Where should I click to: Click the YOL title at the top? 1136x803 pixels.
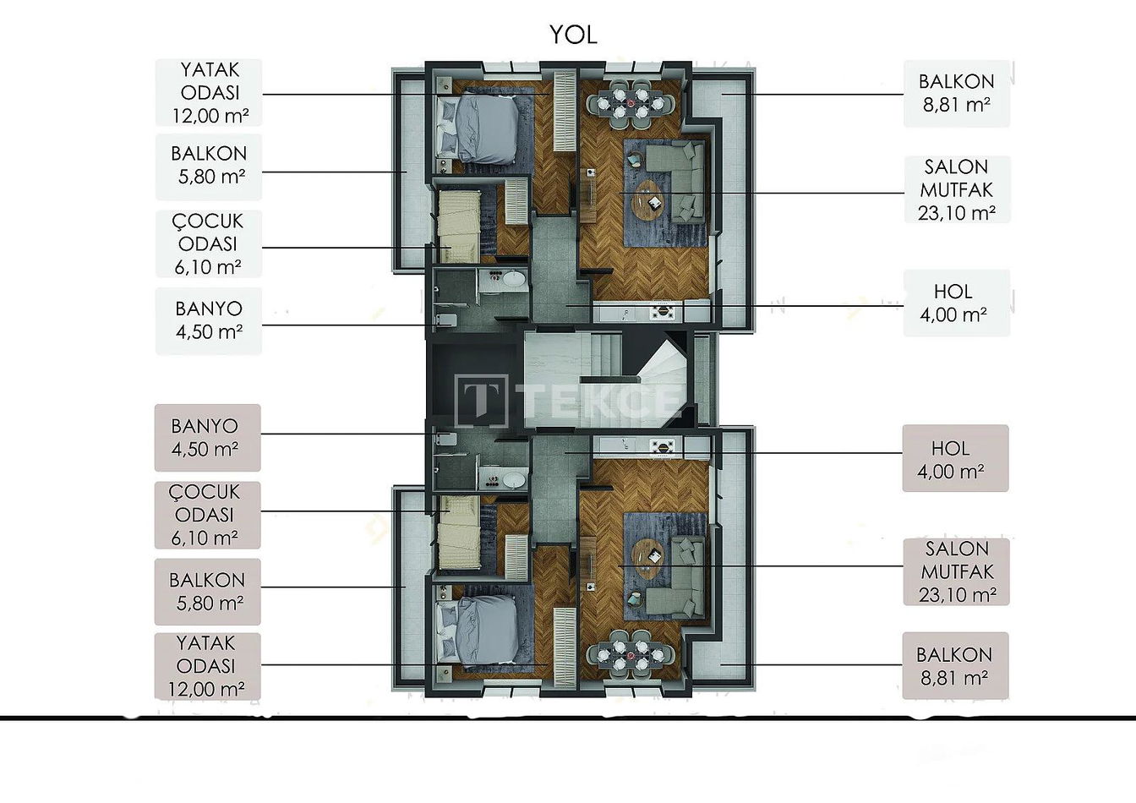(573, 35)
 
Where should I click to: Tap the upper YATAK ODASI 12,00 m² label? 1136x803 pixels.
(209, 93)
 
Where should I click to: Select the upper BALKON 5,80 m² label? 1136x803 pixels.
(209, 166)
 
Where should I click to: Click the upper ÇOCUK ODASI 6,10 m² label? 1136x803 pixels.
(209, 244)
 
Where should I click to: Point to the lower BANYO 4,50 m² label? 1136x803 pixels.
(207, 438)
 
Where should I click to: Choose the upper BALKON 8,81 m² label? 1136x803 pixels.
(957, 93)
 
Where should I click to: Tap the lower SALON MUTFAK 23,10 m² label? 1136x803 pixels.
(957, 571)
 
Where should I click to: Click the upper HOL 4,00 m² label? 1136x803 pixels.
(957, 303)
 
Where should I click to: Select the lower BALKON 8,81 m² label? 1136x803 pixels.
(955, 665)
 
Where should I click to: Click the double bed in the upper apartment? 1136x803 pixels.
(478, 128)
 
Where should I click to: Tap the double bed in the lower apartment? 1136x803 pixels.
(478, 629)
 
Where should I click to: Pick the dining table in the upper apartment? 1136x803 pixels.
(631, 103)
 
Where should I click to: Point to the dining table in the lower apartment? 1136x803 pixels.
(631, 655)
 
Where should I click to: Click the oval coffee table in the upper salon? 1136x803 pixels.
(647, 198)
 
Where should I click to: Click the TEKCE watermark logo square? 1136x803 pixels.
(481, 400)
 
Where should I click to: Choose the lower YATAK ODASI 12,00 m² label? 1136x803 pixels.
(207, 666)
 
